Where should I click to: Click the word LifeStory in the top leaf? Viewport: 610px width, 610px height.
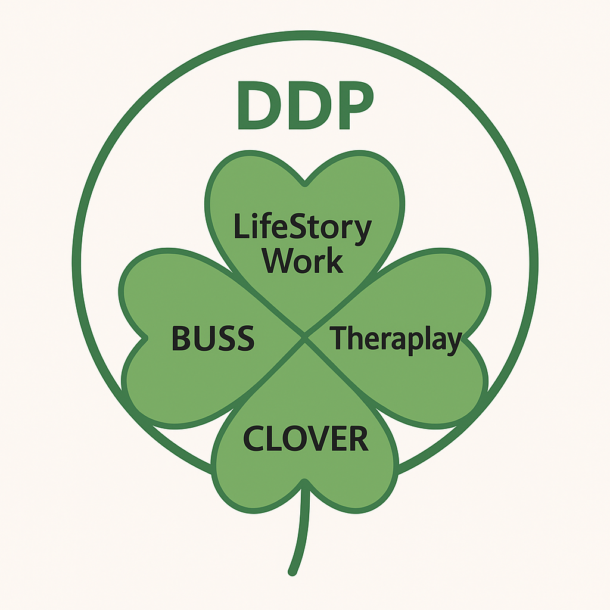[x=303, y=228]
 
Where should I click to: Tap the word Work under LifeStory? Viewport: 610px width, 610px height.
[x=303, y=260]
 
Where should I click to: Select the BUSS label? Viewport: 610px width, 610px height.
[x=213, y=338]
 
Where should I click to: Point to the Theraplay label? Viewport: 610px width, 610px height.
[x=396, y=339]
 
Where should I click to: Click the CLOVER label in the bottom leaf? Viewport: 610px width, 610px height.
[x=306, y=438]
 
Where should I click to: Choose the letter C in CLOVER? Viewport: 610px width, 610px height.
[x=254, y=438]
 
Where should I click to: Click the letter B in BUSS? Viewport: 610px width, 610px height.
[x=181, y=338]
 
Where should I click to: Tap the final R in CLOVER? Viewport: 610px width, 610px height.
[x=358, y=438]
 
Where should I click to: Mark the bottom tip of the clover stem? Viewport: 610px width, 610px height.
[x=292, y=572]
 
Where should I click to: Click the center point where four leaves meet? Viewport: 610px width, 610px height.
[x=305, y=338]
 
